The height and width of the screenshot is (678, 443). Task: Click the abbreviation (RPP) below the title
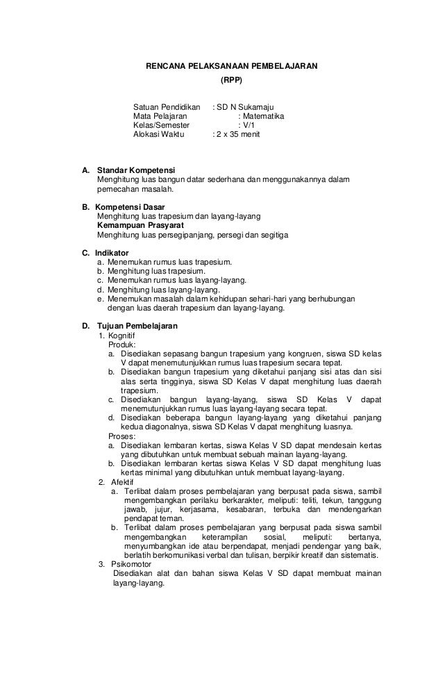pos(231,81)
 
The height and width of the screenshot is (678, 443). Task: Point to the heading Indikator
pos(112,253)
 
